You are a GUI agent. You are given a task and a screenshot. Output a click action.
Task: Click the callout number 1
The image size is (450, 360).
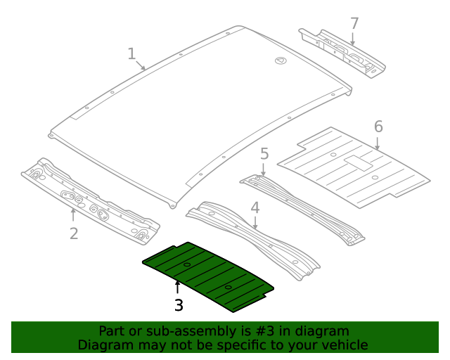[x=131, y=53]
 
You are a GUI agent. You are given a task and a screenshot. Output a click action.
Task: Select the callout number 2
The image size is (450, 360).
[x=74, y=233]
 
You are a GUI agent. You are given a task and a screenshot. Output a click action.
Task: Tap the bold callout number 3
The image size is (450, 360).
[x=179, y=305]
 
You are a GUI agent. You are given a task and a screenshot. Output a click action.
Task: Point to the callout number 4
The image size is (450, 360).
[x=255, y=207]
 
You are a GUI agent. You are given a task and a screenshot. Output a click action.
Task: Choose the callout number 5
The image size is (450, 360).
[x=264, y=153]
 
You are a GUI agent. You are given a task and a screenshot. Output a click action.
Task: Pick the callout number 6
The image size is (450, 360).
[x=378, y=127]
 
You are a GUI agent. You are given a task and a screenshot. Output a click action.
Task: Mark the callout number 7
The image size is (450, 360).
[x=354, y=23]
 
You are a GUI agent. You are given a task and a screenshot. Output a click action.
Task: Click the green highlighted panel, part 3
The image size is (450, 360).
[x=207, y=274]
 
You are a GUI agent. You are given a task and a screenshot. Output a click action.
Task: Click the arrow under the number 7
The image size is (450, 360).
[x=353, y=39]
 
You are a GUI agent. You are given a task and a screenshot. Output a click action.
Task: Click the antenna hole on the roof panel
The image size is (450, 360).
[x=280, y=61]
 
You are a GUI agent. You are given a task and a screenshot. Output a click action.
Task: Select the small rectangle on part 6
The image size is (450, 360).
[x=358, y=162]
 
